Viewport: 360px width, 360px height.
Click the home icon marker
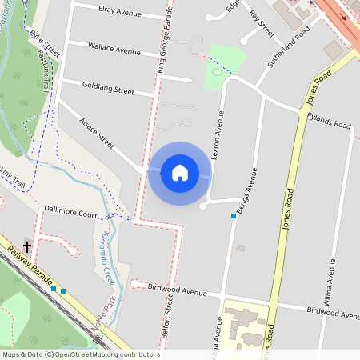coord(179,172)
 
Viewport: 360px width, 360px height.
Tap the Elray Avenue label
coord(118,14)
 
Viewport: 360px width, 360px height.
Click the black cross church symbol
coord(27,247)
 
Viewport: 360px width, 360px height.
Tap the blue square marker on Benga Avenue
coord(234,216)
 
